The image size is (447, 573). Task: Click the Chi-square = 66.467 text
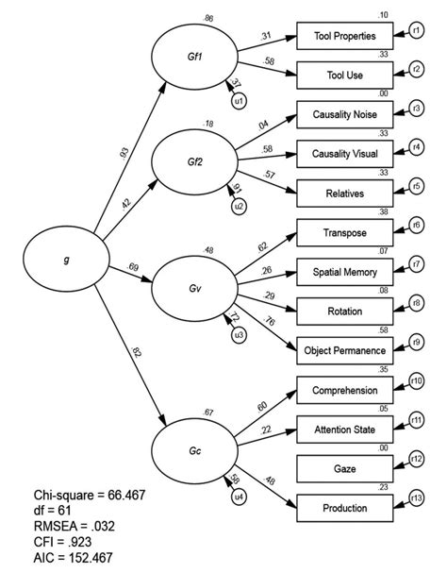click(90, 495)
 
